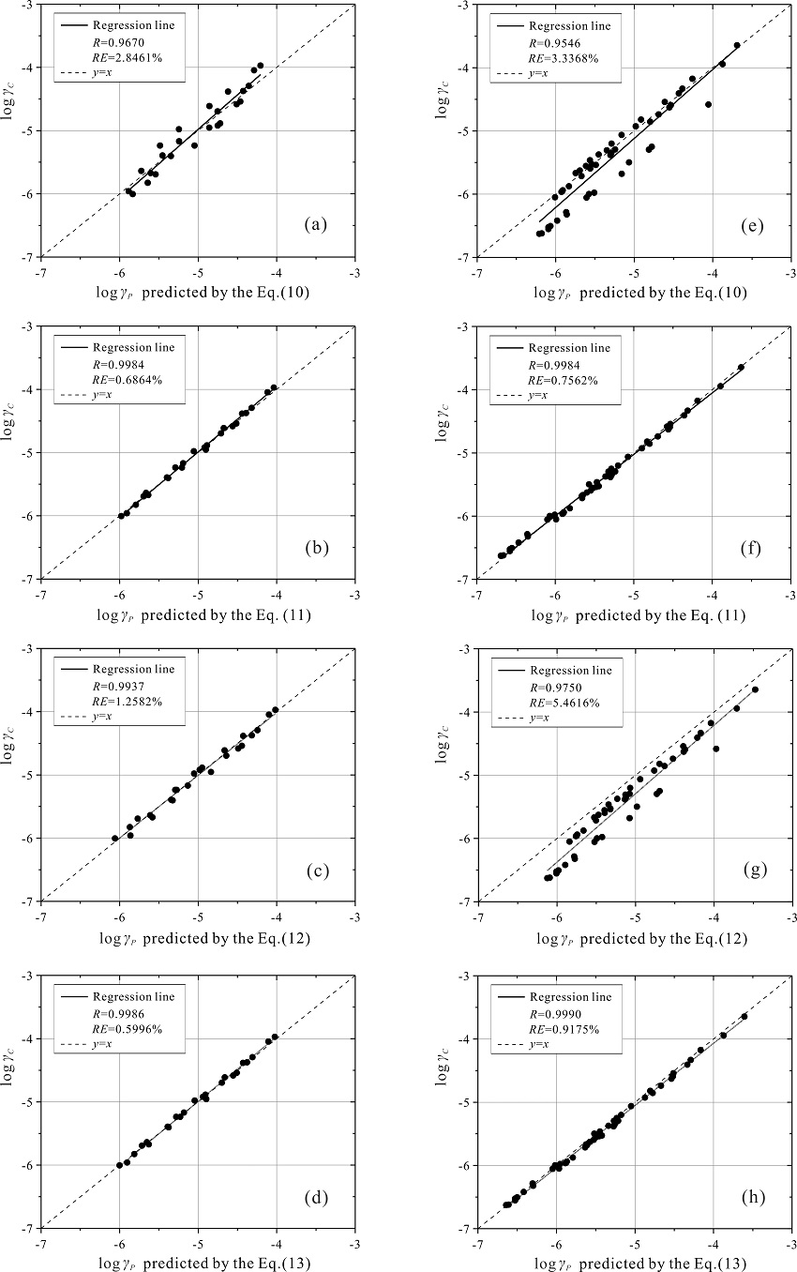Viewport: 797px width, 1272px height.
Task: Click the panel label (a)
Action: click(x=314, y=224)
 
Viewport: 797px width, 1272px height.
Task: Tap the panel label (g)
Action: click(x=752, y=870)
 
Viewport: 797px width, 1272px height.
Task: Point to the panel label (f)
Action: click(x=752, y=546)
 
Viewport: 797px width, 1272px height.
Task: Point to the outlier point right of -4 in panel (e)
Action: click(x=708, y=104)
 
